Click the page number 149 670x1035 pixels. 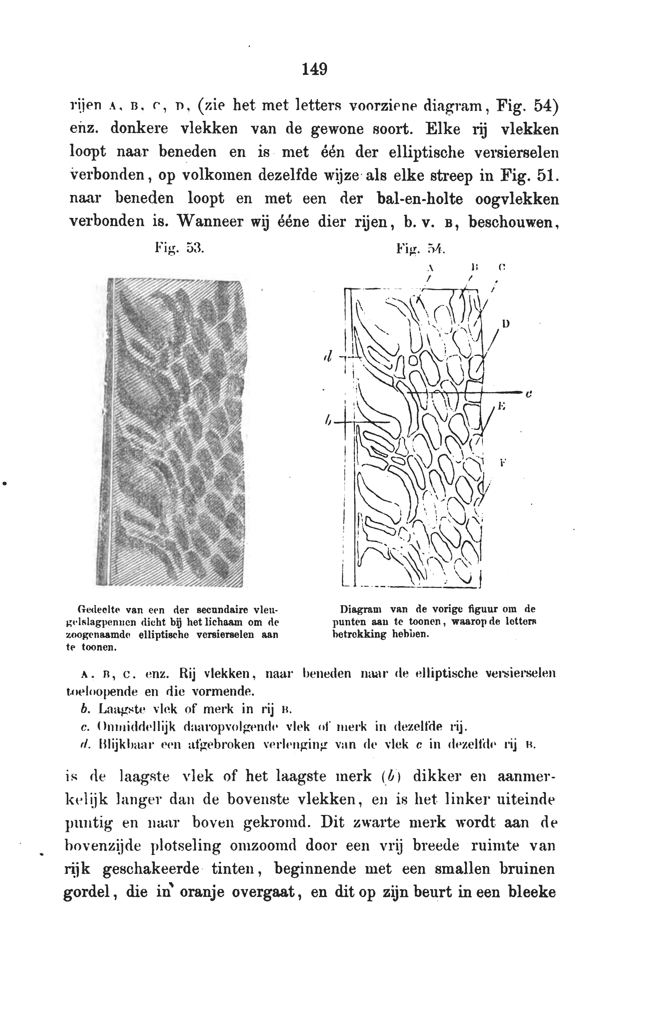[315, 69]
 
